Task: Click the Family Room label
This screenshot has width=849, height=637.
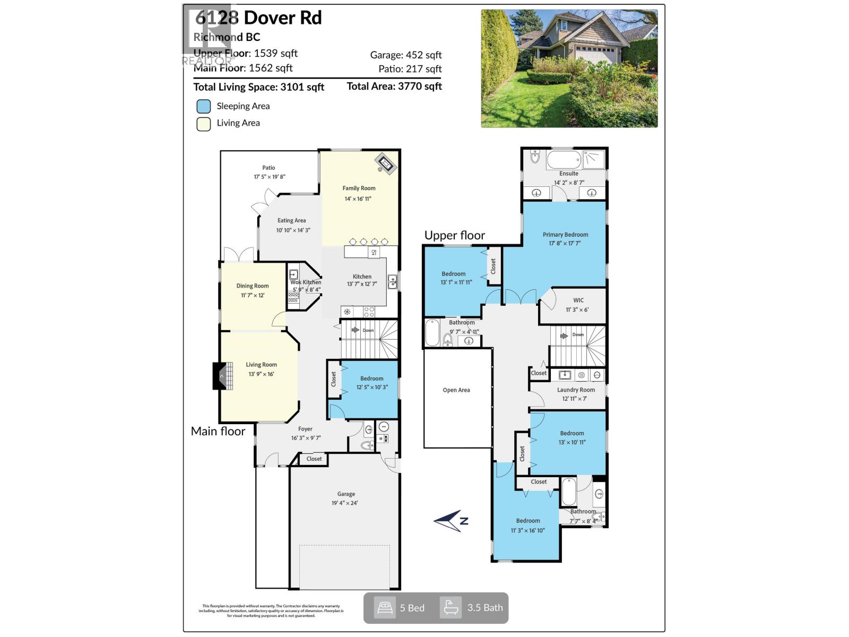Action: (359, 188)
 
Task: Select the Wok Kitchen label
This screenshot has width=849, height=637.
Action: (306, 282)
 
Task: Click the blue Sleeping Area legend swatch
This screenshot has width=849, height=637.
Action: (204, 106)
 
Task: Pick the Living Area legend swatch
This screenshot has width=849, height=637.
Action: (204, 124)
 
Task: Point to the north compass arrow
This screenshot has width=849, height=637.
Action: (451, 521)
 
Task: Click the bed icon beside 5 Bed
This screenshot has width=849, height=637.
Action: (385, 608)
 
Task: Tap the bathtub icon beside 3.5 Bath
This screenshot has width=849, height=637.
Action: (451, 608)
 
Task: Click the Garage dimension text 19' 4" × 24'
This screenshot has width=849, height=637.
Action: (345, 503)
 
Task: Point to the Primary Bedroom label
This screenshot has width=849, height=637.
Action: (565, 235)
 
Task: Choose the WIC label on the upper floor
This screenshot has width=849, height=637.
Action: (578, 300)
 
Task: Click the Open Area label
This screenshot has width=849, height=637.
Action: (456, 390)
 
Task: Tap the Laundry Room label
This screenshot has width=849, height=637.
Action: (576, 390)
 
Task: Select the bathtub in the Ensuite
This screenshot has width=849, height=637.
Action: (564, 159)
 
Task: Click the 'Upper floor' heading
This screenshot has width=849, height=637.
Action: (455, 235)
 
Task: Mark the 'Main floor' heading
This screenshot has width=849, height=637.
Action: (218, 431)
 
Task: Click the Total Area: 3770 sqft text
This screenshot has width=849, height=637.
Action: (394, 87)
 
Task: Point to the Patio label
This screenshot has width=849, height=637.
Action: (268, 168)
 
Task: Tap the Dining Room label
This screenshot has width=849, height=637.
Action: (253, 286)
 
